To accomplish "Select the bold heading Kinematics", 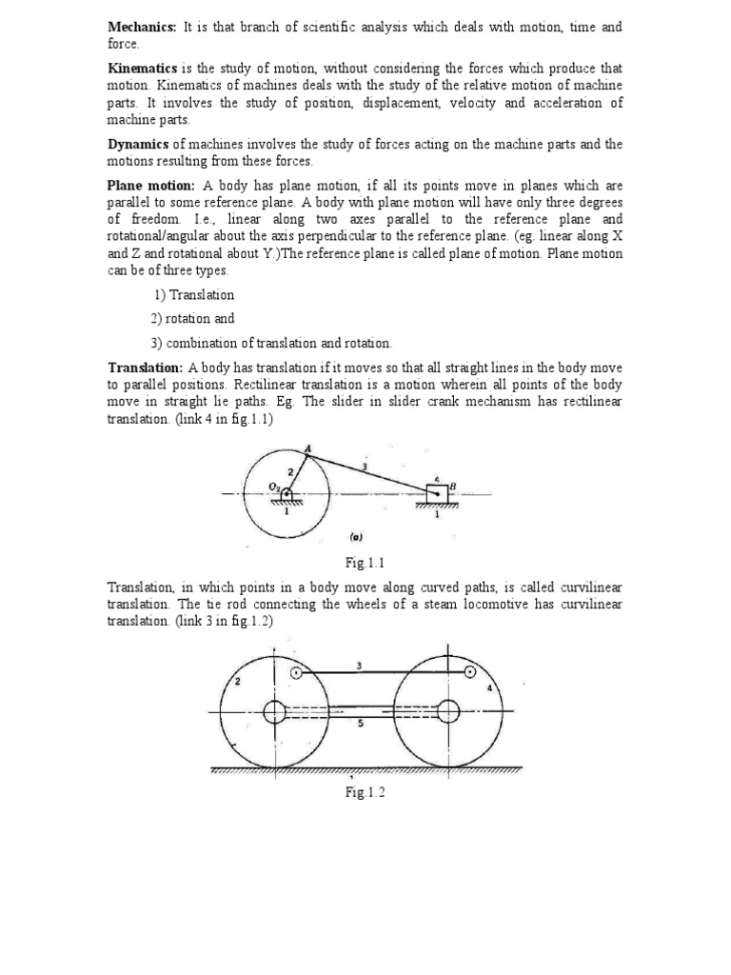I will [137, 69].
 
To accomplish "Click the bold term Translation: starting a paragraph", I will [146, 368].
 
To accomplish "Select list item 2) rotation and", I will [192, 319].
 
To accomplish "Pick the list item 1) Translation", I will [193, 295].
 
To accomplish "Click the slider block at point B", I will [437, 493].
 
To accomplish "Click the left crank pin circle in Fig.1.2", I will [297, 672].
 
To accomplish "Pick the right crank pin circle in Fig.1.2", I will [470, 672].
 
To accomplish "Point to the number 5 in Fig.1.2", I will [359, 725].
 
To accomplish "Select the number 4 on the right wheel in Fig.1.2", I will [489, 687].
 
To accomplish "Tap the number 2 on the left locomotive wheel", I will [237, 682].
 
